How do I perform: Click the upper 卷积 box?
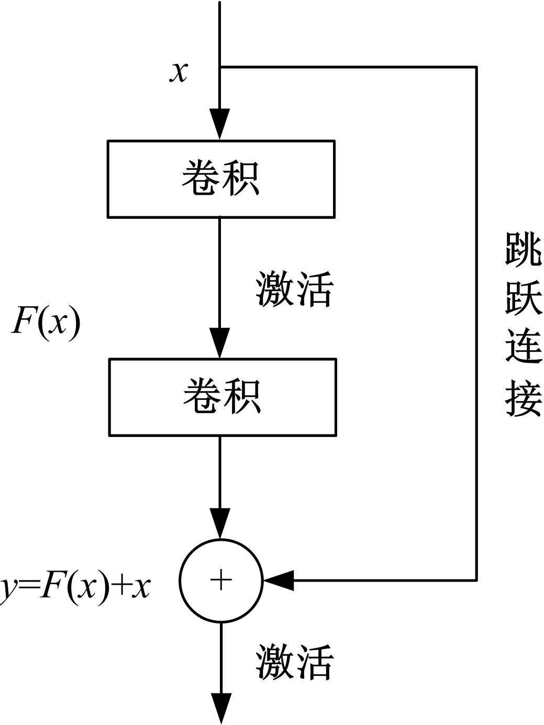coord(221,179)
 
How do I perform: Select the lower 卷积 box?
coord(222,397)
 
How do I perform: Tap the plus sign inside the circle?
coord(221,580)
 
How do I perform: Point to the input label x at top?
coord(179,71)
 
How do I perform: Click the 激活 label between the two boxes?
coord(294,289)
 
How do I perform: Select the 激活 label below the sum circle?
coord(294,662)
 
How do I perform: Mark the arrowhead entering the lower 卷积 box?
coord(220,342)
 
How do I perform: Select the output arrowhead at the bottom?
coord(221,708)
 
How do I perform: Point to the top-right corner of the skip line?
coord(476,67)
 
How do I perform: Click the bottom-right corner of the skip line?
coord(476,580)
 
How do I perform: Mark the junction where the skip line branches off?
coord(220,67)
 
